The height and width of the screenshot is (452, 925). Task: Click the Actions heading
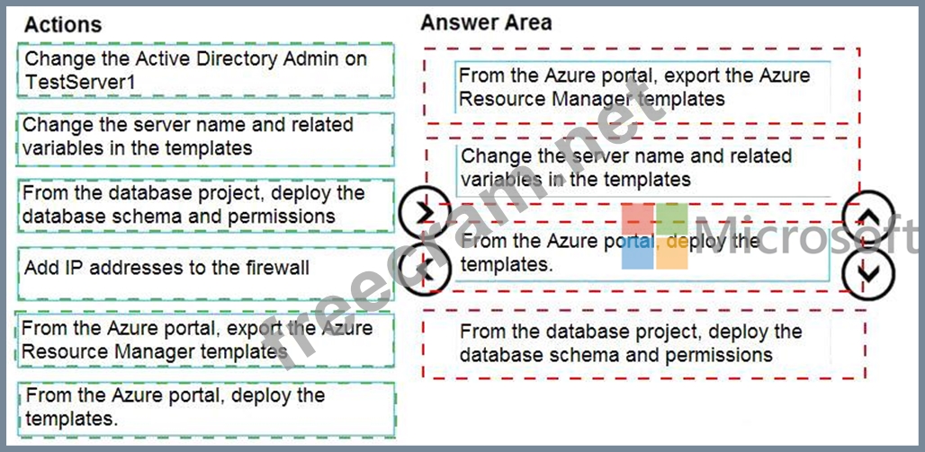pos(63,24)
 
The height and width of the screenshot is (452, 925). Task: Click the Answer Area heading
pos(486,22)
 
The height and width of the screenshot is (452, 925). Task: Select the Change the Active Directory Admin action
pos(205,71)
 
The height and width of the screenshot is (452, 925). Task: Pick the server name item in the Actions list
pos(205,137)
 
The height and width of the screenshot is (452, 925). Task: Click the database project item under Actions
pos(205,205)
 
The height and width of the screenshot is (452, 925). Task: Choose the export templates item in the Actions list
pos(205,340)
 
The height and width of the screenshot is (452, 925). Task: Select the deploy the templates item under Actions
pos(205,407)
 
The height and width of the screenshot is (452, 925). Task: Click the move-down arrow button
pos(868,270)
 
